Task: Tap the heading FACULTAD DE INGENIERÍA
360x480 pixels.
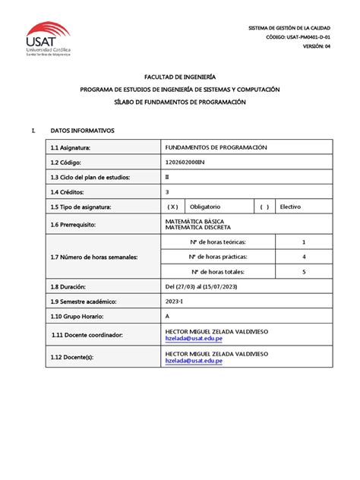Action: (180, 77)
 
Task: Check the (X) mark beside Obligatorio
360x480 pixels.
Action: (172, 207)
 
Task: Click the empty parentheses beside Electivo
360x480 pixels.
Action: (264, 207)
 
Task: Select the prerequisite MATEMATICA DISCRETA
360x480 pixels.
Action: (198, 228)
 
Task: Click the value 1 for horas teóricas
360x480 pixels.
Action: (303, 242)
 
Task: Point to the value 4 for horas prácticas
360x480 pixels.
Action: (303, 257)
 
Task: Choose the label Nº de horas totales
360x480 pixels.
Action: (219, 271)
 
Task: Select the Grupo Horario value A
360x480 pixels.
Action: (167, 316)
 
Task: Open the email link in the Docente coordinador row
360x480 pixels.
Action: (194, 339)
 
